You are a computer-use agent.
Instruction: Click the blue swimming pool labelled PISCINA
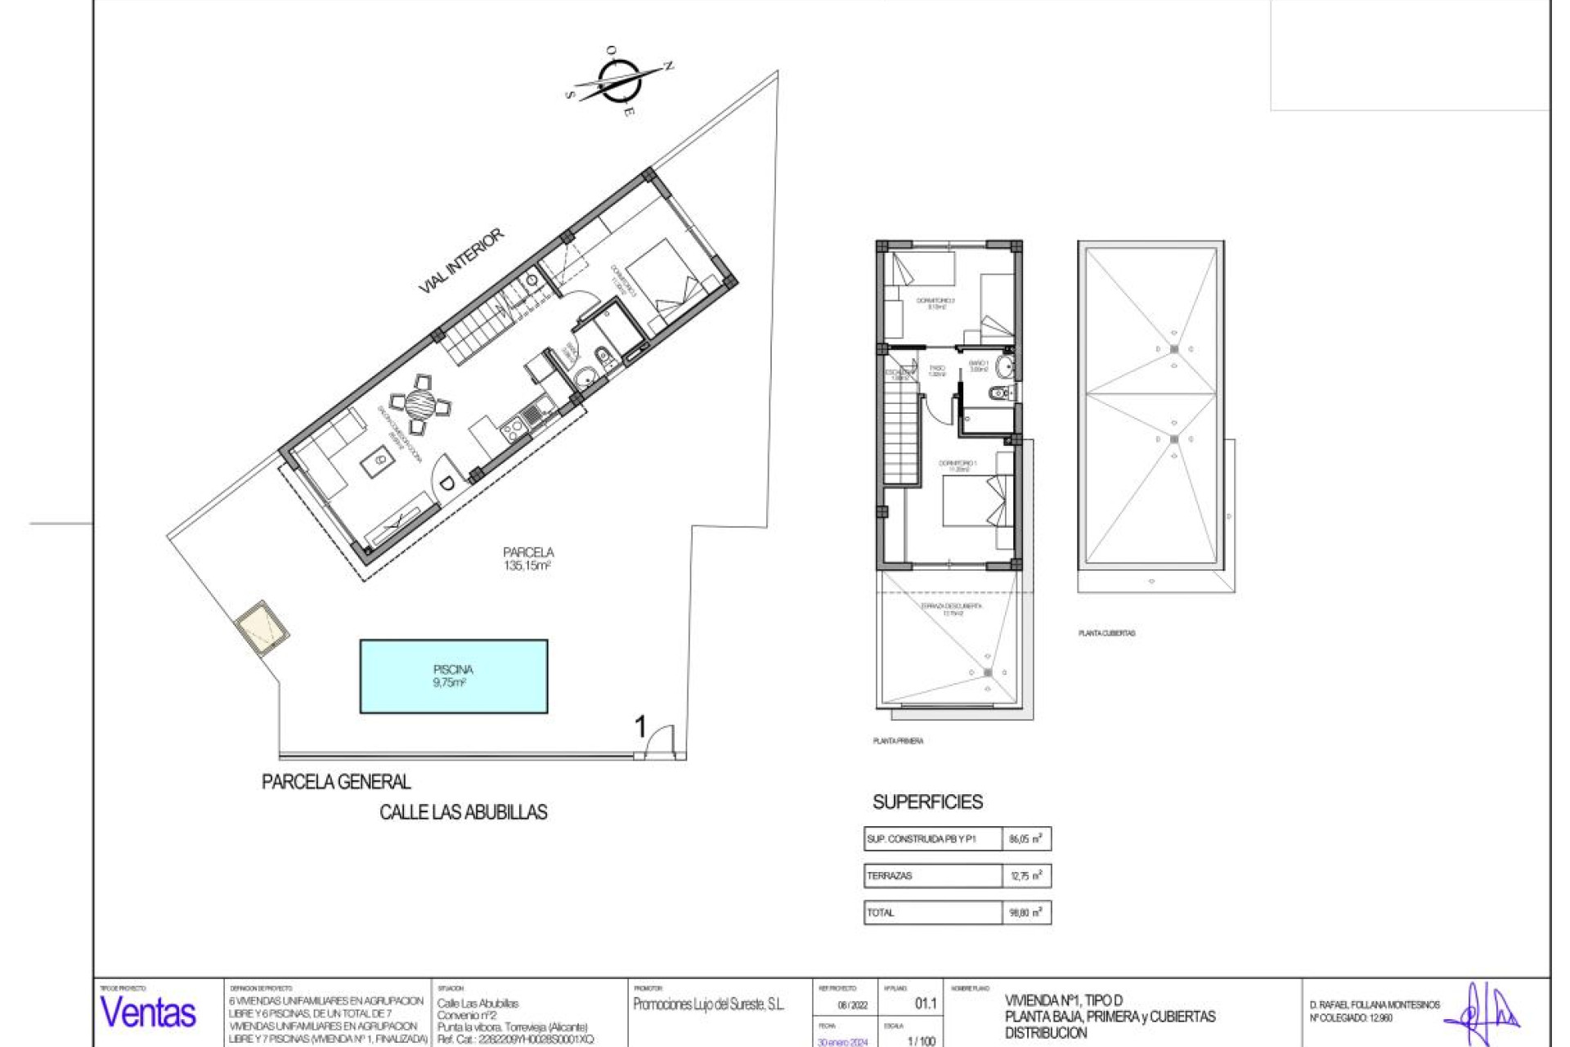click(453, 676)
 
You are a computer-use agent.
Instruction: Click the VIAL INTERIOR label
click(461, 261)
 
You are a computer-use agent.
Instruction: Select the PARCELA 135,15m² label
click(527, 559)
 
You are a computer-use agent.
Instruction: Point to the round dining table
click(421, 402)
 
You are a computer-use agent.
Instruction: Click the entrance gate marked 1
click(659, 742)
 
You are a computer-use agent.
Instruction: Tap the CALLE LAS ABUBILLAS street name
click(463, 812)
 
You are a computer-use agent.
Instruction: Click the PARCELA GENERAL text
click(336, 782)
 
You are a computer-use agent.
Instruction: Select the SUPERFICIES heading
click(927, 802)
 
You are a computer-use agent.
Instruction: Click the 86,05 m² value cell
click(1025, 838)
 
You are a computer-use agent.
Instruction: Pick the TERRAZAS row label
click(890, 876)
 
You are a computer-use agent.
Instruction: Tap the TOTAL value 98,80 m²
click(1025, 913)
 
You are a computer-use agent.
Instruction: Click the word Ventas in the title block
click(148, 1013)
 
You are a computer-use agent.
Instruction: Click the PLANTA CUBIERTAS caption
click(1106, 633)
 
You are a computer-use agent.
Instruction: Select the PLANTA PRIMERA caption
click(898, 741)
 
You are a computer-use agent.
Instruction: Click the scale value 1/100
click(921, 1041)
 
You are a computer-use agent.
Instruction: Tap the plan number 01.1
click(926, 1004)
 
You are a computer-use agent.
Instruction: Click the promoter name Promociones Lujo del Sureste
click(708, 1004)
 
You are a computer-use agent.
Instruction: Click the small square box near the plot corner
click(262, 628)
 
